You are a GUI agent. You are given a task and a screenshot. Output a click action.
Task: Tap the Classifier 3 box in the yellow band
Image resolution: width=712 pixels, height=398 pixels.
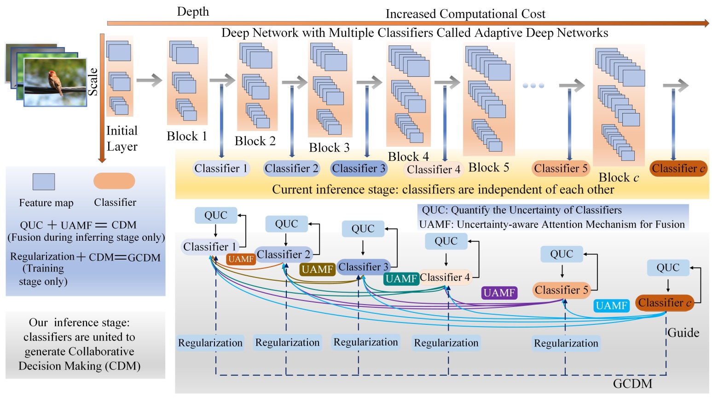[359, 169]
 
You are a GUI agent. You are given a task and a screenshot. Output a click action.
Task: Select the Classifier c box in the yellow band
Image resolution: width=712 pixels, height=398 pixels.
[678, 169]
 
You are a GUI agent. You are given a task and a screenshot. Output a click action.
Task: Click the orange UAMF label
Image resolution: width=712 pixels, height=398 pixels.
[241, 259]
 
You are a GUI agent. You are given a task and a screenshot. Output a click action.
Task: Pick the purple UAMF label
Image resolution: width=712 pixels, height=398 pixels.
[499, 293]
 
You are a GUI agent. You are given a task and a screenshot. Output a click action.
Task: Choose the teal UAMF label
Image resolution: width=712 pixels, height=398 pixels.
[401, 279]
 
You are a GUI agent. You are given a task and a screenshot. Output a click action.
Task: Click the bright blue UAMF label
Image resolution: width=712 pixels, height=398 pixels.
[611, 306]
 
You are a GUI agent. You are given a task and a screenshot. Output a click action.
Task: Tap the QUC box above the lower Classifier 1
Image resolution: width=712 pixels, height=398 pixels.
[216, 216]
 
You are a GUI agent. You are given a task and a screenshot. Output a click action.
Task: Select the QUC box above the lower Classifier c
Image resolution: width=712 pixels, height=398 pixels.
[668, 267]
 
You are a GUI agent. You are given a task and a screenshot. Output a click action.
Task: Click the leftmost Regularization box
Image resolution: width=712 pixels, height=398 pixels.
[210, 343]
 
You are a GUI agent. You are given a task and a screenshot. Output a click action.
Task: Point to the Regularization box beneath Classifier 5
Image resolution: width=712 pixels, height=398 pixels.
[566, 343]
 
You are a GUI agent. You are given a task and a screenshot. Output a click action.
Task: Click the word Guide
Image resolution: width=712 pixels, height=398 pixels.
[683, 333]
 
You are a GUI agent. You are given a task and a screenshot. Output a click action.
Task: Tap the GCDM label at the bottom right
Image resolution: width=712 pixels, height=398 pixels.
[632, 384]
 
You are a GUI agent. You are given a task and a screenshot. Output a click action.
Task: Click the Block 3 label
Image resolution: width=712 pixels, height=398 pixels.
[329, 148]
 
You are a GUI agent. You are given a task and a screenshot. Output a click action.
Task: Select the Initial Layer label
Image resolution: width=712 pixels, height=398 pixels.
[122, 138]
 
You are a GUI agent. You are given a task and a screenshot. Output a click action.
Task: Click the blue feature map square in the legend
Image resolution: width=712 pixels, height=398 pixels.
[44, 182]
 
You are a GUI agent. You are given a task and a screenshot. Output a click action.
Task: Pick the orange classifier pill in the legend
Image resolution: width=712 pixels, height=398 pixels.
[114, 181]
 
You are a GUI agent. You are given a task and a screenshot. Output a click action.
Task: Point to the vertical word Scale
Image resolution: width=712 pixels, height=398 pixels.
[93, 81]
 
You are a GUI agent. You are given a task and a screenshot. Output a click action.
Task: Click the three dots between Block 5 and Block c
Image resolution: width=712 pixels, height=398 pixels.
[533, 85]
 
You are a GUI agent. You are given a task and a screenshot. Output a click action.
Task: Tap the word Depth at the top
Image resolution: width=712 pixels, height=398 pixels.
[193, 12]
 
